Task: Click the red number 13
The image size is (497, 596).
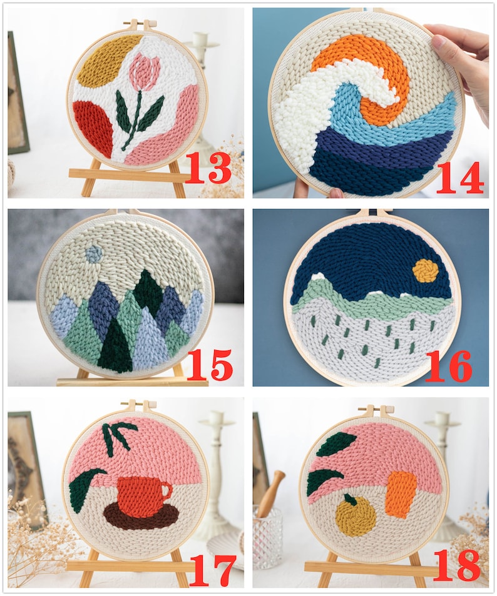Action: [208, 167]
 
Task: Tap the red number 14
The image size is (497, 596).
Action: [460, 177]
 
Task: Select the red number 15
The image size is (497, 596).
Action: [210, 365]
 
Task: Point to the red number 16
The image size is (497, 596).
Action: [448, 366]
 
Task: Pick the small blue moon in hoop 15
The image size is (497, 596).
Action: [94, 253]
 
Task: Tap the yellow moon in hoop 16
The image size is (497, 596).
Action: [424, 271]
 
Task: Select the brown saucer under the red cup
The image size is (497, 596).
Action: [141, 517]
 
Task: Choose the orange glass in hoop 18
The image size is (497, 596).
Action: [401, 493]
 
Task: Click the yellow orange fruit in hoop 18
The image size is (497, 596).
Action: [355, 515]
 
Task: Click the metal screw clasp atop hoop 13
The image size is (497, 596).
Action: [139, 25]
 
